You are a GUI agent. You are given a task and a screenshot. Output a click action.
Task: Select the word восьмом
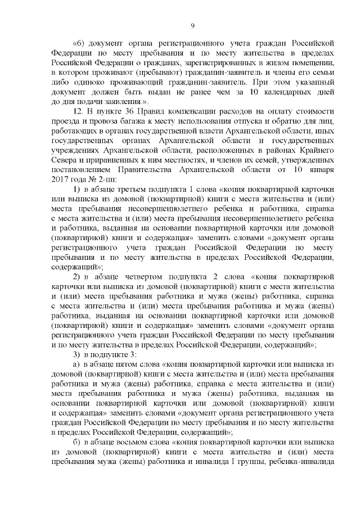coord(141,449)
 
